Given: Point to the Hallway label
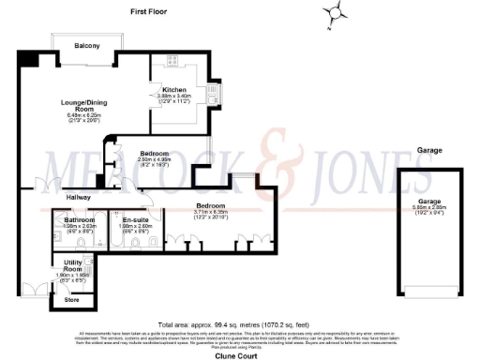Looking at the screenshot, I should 52,199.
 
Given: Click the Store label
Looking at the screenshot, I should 72,300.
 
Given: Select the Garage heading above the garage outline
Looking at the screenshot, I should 430,149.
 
